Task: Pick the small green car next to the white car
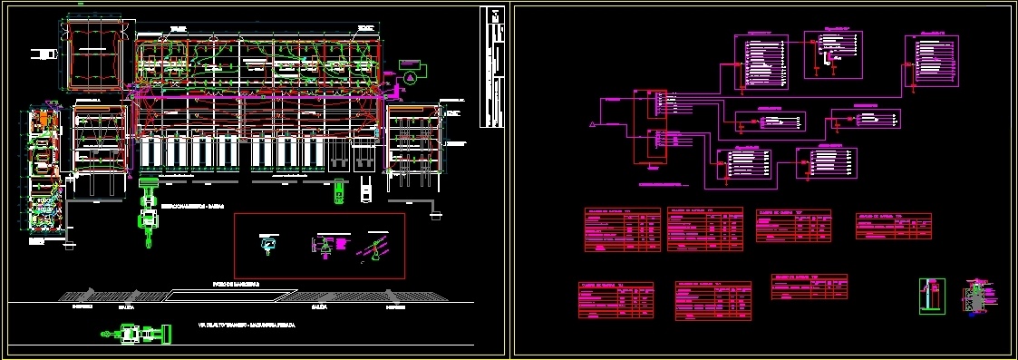point(338,192)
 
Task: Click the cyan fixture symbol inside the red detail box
point(267,243)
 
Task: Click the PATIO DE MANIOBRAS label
point(230,285)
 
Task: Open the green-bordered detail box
point(932,296)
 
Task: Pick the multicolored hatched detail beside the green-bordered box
point(975,297)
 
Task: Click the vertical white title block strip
point(493,68)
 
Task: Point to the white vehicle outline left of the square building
point(42,54)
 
